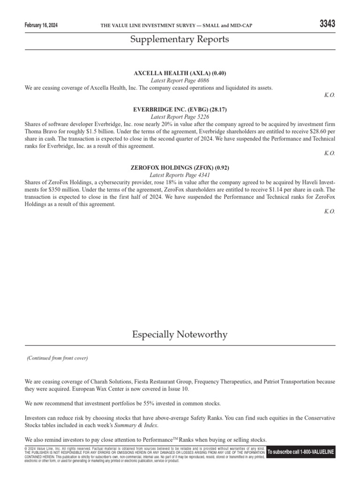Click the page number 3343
coord(327,24)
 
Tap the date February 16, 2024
coord(44,25)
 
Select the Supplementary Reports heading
coord(180,39)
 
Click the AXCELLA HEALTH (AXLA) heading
coord(180,74)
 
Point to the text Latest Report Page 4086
coord(180,81)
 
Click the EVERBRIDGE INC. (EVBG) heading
coord(180,110)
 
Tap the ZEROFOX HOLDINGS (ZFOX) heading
coord(180,167)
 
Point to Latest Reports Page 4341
coord(180,175)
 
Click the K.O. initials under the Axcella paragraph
coord(330,95)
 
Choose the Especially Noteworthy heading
coord(180,335)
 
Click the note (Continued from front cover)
coord(57,358)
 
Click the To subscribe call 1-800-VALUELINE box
coord(300,452)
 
